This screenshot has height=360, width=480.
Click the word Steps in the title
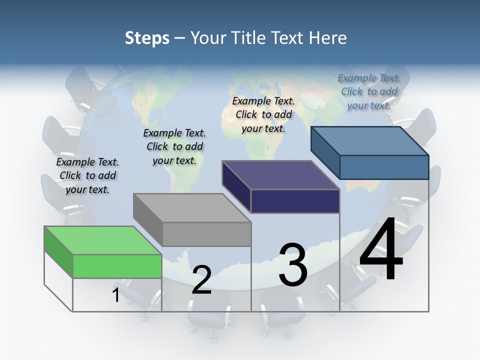147,38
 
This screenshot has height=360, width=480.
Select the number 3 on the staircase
293,265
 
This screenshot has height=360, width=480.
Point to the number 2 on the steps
201,280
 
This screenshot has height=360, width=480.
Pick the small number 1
116,295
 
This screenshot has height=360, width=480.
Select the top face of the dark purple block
280,175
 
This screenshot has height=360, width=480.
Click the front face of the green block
117,266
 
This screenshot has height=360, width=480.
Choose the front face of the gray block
206,234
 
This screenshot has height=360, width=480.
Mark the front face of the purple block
295,201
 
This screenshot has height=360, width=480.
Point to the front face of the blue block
384,167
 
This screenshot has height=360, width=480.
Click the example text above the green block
87,175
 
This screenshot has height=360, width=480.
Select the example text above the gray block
174,146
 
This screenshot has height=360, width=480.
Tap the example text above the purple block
263,114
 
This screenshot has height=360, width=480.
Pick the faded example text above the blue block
369,91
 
